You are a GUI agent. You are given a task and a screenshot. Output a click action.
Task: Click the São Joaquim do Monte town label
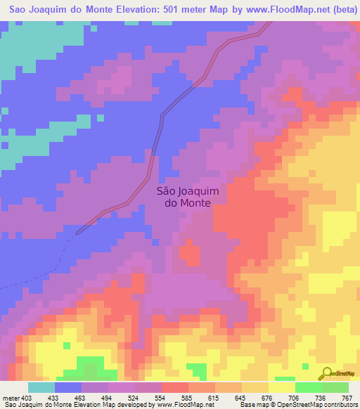coord(183,196)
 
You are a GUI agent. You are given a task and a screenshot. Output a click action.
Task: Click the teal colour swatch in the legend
coord(41,387)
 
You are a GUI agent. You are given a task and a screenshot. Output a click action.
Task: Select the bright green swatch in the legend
coord(308,387)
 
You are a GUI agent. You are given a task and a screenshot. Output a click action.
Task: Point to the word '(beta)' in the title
coord(340,9)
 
